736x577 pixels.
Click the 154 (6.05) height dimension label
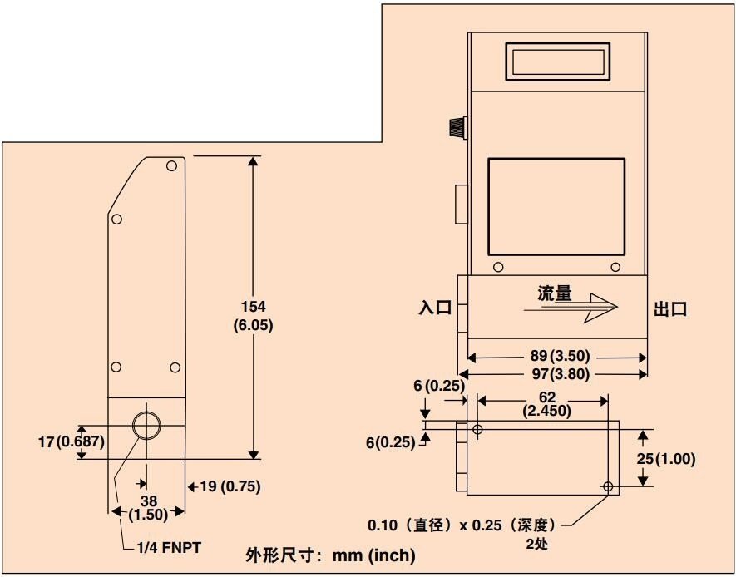coord(253,316)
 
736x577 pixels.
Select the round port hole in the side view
coord(146,426)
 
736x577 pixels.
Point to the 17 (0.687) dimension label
coord(72,442)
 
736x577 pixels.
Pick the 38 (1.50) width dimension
coord(148,507)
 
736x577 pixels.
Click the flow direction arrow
coord(571,308)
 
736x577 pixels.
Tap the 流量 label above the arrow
coord(555,293)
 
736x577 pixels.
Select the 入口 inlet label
coord(435,308)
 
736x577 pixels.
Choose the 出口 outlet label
coord(670,309)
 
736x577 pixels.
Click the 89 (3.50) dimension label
coord(560,356)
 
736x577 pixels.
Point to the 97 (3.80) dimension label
coord(560,374)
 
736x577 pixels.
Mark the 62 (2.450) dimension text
coord(547,404)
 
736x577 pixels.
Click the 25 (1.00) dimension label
coord(665,459)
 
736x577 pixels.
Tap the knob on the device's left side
coord(457,128)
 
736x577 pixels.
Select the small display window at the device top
coord(558,62)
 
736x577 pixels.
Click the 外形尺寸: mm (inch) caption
coord(330,556)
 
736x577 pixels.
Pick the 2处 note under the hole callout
coord(537,545)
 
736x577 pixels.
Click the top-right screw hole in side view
coord(171,165)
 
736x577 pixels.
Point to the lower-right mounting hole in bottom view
coord(608,487)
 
